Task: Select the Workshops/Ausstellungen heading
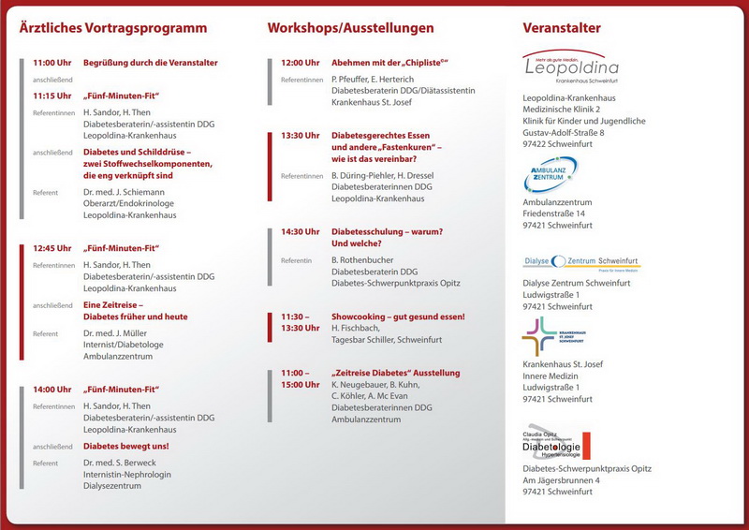point(350,29)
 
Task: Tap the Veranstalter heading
point(562,29)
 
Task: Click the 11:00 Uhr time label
point(51,63)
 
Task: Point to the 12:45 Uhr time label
point(51,248)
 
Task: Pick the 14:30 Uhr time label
point(300,231)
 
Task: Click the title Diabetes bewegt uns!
point(126,447)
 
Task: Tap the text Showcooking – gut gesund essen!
point(398,317)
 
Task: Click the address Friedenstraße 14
point(560,213)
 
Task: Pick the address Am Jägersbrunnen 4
point(567,480)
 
